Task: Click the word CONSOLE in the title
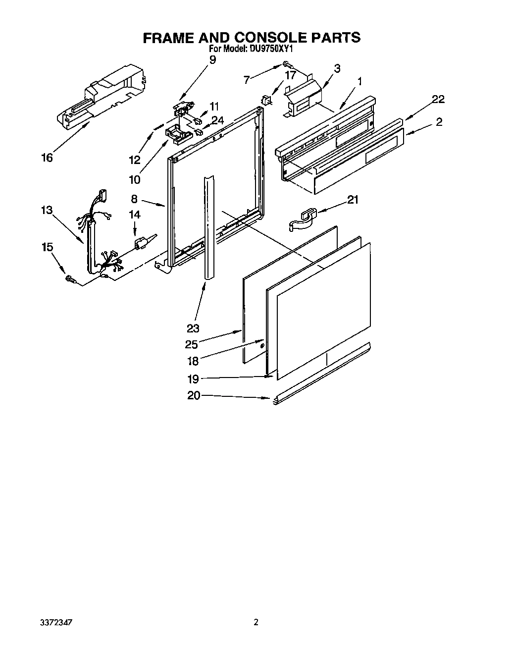(266, 38)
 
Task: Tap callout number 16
(47, 158)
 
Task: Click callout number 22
(437, 100)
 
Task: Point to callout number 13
(47, 210)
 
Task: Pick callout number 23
(193, 327)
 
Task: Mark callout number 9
(212, 60)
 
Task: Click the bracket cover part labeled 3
(303, 98)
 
